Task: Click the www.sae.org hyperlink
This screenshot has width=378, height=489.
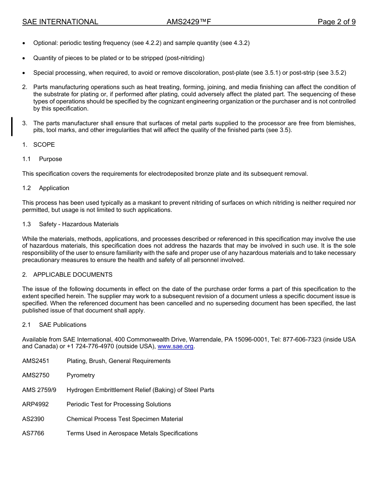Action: click(x=175, y=347)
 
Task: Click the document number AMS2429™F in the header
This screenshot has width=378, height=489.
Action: click(x=189, y=22)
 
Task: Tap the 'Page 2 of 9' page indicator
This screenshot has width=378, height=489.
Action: click(x=336, y=22)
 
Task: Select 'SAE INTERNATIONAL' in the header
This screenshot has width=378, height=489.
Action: click(x=60, y=22)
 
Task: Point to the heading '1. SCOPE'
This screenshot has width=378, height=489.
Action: click(x=39, y=145)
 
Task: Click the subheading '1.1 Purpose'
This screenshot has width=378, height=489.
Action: click(x=42, y=159)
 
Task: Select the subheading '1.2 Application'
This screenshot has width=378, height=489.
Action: click(x=46, y=188)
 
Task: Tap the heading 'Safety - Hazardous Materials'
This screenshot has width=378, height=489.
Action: click(x=79, y=224)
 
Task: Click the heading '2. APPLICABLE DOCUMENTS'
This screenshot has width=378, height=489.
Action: click(x=67, y=275)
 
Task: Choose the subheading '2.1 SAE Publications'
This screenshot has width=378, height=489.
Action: click(x=54, y=325)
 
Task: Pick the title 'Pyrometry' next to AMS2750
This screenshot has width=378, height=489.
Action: click(x=81, y=375)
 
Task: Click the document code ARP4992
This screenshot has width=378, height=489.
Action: click(x=35, y=404)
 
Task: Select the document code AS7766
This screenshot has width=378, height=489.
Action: click(x=33, y=433)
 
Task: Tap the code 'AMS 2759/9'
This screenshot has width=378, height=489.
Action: click(x=39, y=390)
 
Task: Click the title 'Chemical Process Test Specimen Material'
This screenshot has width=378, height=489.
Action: click(x=125, y=419)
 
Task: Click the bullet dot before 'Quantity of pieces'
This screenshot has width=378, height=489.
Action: click(x=25, y=58)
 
